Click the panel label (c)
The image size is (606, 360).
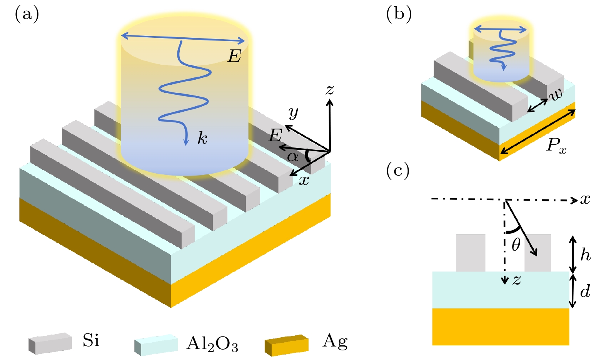398,171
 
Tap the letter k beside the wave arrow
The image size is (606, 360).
202,138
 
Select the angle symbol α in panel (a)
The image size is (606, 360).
293,156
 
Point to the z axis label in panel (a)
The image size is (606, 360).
330,90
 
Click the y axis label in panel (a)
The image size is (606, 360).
293,113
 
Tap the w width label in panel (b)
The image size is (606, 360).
556,94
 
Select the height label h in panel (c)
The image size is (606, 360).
585,255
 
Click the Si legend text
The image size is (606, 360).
91,340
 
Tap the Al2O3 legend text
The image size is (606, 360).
212,343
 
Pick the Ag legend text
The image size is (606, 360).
335,341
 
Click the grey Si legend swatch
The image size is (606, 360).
50,343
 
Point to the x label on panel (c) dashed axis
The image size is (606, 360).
585,199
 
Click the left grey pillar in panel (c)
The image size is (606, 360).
471,253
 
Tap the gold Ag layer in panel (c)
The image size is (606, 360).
500,327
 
